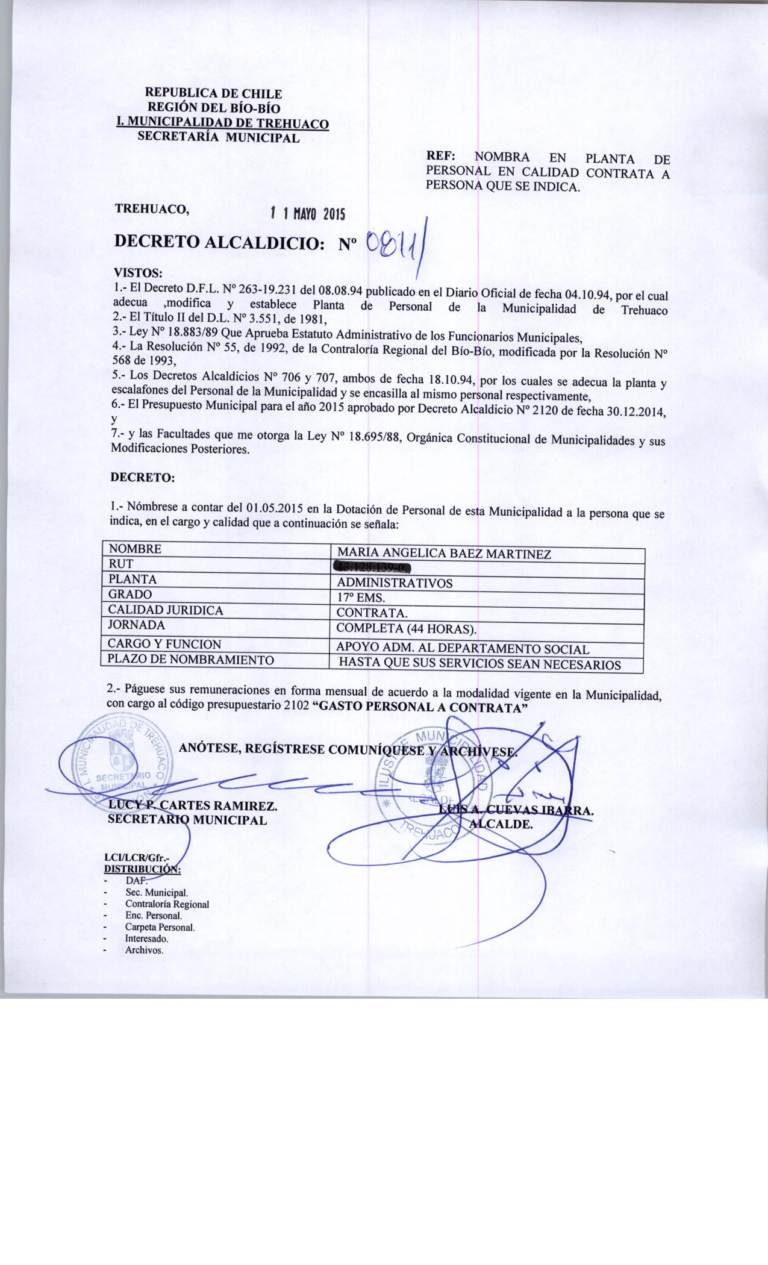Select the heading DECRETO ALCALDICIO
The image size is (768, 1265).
pyautogui.click(x=220, y=243)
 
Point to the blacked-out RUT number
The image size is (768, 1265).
pyautogui.click(x=372, y=567)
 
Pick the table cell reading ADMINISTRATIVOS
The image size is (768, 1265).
pyautogui.click(x=395, y=583)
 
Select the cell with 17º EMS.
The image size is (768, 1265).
pyautogui.click(x=361, y=598)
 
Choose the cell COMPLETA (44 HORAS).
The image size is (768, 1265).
pyautogui.click(x=407, y=629)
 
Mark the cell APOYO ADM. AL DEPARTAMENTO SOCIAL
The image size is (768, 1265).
pyautogui.click(x=463, y=649)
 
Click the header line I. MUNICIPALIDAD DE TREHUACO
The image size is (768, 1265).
pyautogui.click(x=223, y=124)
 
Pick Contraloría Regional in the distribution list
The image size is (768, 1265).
pyautogui.click(x=167, y=904)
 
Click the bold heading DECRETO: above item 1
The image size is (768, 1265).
pyautogui.click(x=142, y=478)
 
